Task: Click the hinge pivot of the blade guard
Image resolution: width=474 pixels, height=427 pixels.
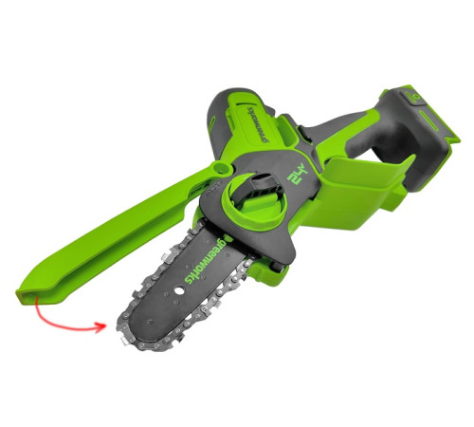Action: (x=220, y=169)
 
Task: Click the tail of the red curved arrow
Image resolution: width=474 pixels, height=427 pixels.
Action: (x=36, y=303)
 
